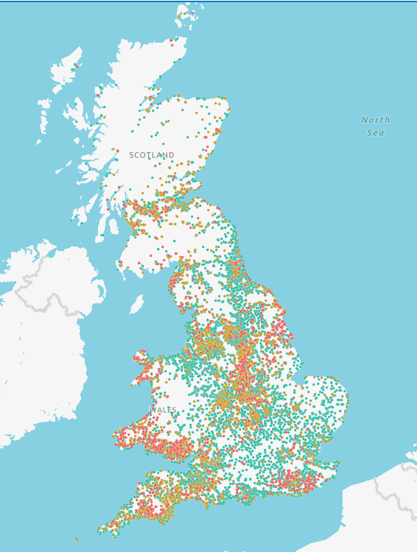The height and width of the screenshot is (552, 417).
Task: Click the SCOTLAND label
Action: [152, 155]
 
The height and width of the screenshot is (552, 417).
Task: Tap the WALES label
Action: [163, 410]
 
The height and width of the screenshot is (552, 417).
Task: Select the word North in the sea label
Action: [376, 120]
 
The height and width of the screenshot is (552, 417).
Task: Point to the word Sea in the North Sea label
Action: [376, 133]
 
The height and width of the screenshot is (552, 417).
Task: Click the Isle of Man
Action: [137, 304]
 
